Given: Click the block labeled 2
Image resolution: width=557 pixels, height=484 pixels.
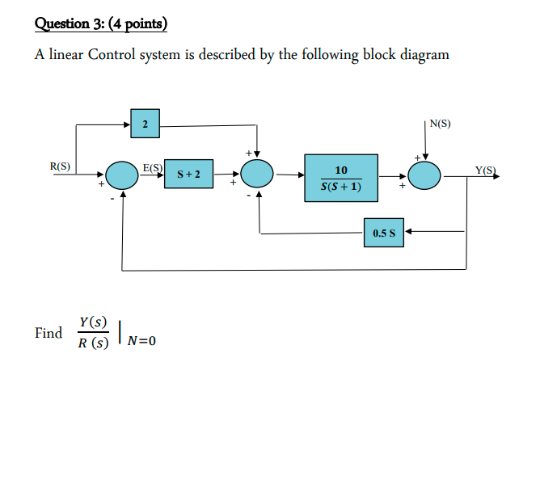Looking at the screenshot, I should tap(144, 124).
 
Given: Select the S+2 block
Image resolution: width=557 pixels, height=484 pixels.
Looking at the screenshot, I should tap(189, 174).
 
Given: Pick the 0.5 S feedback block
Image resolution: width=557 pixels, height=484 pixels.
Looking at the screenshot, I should tap(383, 233).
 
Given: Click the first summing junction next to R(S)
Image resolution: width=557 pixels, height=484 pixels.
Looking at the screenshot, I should tap(122, 174).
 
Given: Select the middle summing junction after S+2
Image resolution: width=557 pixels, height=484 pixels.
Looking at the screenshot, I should tap(259, 174).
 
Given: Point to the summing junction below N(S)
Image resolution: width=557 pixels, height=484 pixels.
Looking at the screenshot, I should tap(424, 174).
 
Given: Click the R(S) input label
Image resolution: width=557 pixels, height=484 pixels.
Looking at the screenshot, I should tap(60, 167).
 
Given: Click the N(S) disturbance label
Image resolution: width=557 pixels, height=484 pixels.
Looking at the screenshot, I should tap(441, 124).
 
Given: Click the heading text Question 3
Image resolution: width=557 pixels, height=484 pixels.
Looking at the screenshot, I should tap(70, 23).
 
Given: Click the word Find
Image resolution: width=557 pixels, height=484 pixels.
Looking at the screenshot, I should tap(49, 333).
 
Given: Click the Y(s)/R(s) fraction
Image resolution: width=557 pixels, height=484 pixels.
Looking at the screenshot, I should tap(93, 332).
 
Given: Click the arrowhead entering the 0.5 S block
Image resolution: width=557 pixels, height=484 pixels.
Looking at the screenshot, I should tap(407, 232).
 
